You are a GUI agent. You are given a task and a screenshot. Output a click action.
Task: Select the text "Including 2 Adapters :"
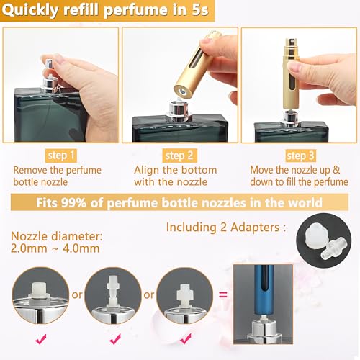[225, 227]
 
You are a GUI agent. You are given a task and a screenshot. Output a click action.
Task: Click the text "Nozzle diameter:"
[56, 235]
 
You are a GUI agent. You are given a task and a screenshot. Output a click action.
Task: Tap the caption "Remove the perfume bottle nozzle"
[57, 176]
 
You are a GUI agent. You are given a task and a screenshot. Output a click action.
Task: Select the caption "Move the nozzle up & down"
[298, 176]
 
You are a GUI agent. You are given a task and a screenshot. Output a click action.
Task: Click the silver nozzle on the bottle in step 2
[179, 110]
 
